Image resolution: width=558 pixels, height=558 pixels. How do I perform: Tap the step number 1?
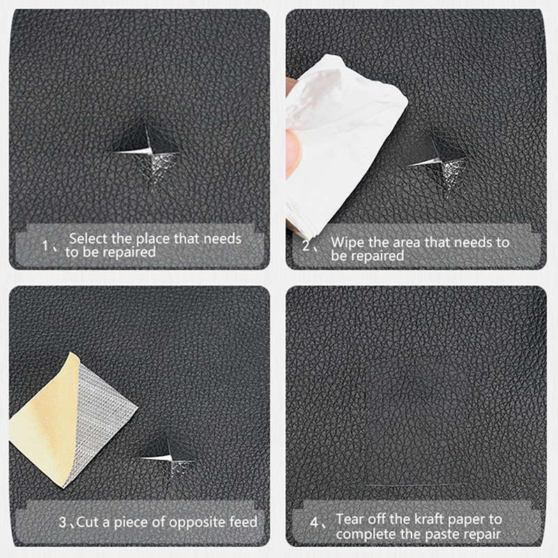coord(45,246)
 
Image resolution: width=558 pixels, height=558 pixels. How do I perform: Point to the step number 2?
coord(306,246)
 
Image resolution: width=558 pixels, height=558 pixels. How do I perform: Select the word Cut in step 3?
coord(88,522)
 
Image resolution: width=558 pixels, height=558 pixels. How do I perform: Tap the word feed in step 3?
coord(243,522)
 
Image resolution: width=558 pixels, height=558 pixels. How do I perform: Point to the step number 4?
coord(314,522)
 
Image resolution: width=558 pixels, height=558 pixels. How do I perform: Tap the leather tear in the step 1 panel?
coord(147,151)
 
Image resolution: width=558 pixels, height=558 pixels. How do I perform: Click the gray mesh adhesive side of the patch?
coord(103,416)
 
